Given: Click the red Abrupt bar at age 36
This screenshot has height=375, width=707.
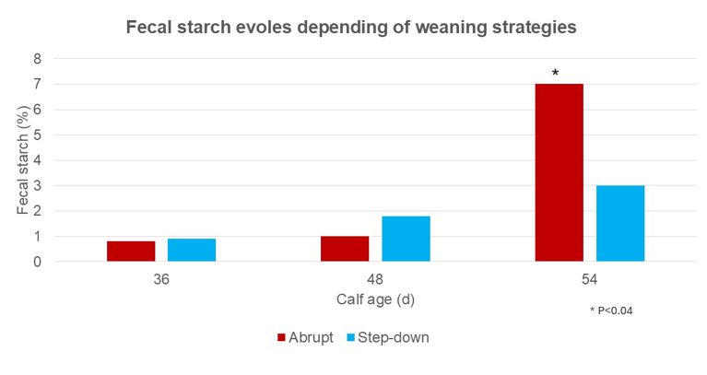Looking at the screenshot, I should coord(131,252).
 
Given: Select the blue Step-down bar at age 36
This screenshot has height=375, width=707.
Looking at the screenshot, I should coord(192,251).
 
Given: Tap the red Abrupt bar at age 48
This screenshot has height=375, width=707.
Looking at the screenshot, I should coord(345,249).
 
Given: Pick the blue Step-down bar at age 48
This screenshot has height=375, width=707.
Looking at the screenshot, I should coord(406,239).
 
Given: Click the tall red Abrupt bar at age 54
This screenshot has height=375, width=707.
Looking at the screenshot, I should coord(559,172).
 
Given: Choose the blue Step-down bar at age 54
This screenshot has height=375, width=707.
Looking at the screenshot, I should coord(619,223).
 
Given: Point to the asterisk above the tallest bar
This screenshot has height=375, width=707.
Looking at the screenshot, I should coord(555,73).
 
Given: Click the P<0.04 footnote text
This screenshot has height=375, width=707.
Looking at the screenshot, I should coord(611,311).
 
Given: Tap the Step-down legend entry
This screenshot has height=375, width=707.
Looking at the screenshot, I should coord(387,337).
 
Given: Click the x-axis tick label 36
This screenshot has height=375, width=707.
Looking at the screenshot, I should coord(161,278).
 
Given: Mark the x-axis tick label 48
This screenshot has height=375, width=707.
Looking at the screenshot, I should coord(375,278).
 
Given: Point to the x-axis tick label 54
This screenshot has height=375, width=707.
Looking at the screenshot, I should coord(589,278).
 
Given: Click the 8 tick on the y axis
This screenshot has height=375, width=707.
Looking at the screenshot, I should coord(38,59).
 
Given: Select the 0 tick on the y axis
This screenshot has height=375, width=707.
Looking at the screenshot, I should coord(38,262).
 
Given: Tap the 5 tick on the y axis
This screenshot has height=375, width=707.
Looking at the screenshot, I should coord(38,135).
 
